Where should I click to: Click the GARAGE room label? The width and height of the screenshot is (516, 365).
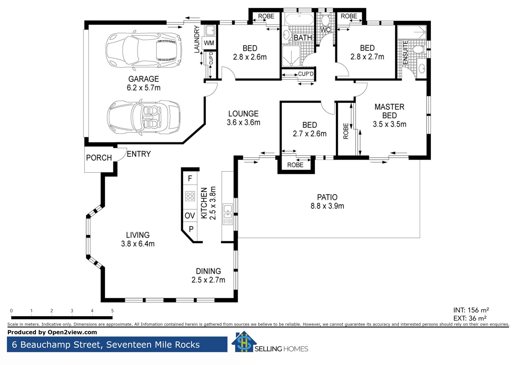point(144,79)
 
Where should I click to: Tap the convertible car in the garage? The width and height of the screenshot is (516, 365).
point(144,117)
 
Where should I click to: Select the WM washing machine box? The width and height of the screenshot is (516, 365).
point(209,43)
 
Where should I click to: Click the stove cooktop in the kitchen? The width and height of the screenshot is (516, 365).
point(190,196)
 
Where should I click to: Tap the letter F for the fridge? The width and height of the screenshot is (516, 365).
point(190,178)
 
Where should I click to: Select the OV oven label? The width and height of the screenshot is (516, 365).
point(190,215)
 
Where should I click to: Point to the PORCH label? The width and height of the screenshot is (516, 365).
point(99,158)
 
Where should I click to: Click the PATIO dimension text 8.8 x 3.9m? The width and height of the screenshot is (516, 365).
point(327,206)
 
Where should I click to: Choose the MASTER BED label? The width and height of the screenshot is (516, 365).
point(389,111)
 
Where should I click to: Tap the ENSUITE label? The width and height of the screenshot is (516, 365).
point(405,52)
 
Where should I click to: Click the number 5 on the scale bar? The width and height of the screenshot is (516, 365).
point(112,311)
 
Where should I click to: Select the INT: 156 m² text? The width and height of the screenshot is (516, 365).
point(471,310)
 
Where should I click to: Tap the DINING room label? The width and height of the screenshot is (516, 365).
point(208,271)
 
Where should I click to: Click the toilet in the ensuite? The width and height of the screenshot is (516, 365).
point(419,49)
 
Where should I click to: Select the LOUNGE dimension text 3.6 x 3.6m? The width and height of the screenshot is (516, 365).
point(243,123)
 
